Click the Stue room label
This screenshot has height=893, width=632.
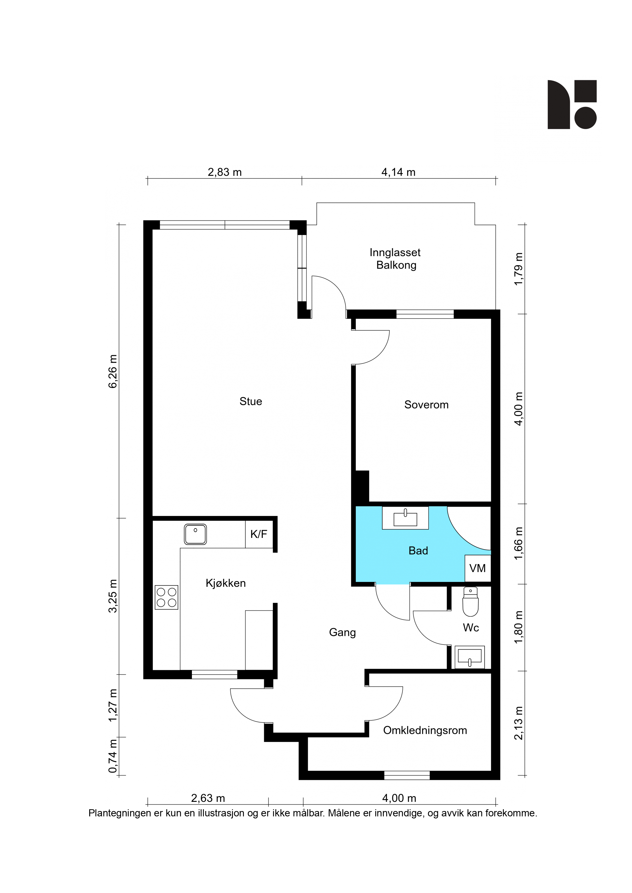point(251,401)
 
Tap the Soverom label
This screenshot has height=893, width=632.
point(426,405)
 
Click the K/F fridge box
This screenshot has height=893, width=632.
point(259,534)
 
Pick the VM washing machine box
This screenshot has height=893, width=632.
point(477,568)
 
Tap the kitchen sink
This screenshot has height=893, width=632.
point(195,534)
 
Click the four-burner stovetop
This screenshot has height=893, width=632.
point(167,597)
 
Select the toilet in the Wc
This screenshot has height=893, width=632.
point(470,602)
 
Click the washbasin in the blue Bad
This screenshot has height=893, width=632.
point(405,518)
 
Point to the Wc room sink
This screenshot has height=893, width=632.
point(470,657)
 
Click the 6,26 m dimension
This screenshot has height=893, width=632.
point(113,371)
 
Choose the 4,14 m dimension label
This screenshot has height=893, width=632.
point(398,172)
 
